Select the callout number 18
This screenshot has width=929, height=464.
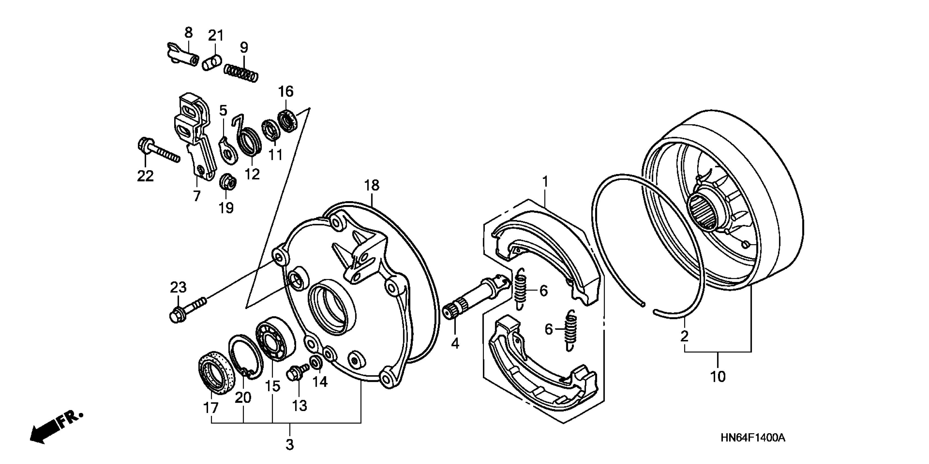(372, 185)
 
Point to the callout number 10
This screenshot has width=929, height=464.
(718, 377)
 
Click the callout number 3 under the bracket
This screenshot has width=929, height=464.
(290, 445)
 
